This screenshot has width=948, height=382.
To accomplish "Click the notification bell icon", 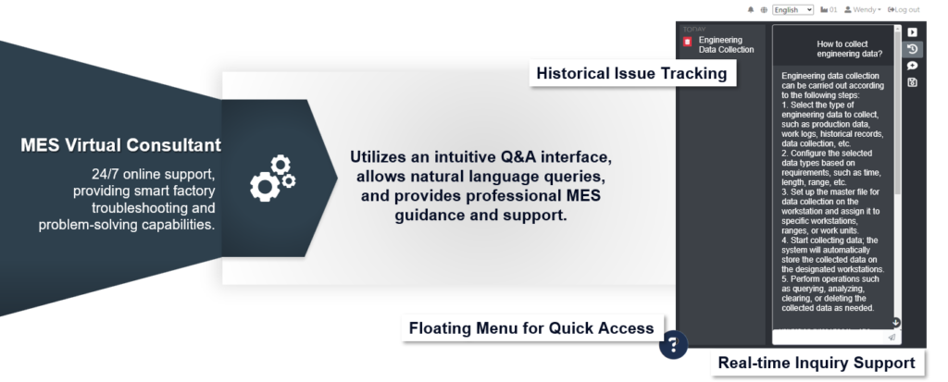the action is [x=751, y=9].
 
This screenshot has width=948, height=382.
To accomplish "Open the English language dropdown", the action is [x=792, y=9].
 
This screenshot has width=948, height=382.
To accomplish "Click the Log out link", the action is [x=904, y=9].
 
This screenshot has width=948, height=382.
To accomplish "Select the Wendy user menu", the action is [x=863, y=9].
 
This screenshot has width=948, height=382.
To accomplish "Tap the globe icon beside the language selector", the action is [x=764, y=9].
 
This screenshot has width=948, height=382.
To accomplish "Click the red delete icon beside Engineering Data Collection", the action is [x=688, y=42].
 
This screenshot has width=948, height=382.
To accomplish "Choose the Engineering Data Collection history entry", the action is [x=726, y=44].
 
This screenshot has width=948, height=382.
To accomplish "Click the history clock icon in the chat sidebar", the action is [x=912, y=49].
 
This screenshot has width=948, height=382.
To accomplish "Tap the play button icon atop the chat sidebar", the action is [x=912, y=32].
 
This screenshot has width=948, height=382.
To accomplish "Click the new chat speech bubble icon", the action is [x=912, y=66].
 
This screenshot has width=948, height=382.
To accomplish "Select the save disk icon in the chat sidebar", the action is [x=912, y=82].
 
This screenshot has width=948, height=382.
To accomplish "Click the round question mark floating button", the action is [x=674, y=344].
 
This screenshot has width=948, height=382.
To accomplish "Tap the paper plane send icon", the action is [x=892, y=338].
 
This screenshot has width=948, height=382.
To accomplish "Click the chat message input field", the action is [x=829, y=338].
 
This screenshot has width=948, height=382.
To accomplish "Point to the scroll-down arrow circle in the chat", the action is [x=896, y=323].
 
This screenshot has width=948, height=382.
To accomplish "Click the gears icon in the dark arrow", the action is [x=272, y=179].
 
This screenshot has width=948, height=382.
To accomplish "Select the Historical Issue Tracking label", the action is [x=631, y=74].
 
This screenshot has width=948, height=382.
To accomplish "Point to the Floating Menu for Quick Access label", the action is [x=531, y=328].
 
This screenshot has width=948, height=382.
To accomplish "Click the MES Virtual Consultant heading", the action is [x=121, y=145].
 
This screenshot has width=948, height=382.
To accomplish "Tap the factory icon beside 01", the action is [x=824, y=9].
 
